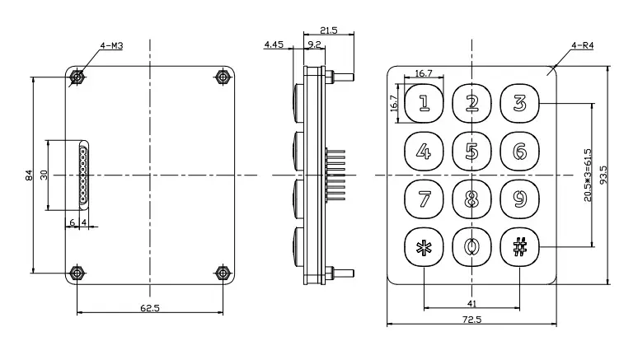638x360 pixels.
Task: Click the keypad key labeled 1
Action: point(424,103)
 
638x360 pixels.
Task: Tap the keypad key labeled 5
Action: point(471,152)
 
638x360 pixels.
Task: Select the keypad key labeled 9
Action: point(519,199)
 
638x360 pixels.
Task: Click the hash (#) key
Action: point(519,246)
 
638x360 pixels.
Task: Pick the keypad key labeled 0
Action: point(471,246)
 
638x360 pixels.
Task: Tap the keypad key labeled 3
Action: point(519,103)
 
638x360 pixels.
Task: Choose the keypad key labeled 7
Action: point(424,199)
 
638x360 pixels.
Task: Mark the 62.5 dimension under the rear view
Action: point(149,307)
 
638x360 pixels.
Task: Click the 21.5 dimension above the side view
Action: point(328,30)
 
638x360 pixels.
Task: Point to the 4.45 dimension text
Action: point(274,44)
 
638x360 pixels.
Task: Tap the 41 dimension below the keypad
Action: point(471,304)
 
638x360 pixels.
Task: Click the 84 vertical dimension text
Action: point(29,175)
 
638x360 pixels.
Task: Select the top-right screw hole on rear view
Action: point(222,77)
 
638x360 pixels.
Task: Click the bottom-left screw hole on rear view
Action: point(77,272)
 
